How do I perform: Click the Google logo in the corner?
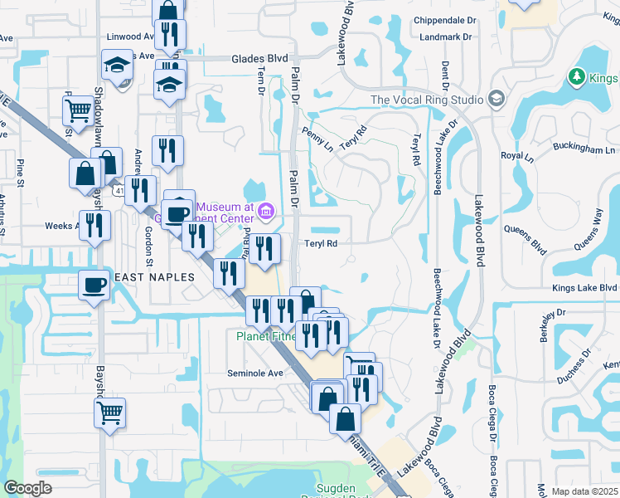point(27,488)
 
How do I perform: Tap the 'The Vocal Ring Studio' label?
point(427,100)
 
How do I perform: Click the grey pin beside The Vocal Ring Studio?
point(496,99)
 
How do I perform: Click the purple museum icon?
point(264,212)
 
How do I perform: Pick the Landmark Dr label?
point(445,37)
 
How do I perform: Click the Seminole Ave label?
point(256,373)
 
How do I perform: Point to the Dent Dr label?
point(446,75)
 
